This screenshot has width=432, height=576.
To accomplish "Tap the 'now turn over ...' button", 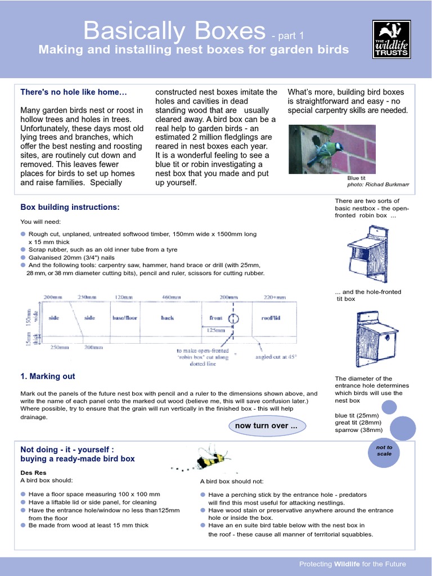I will (266, 426).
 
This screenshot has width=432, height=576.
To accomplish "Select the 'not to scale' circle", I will (384, 451).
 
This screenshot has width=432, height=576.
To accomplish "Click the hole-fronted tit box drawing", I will (376, 338).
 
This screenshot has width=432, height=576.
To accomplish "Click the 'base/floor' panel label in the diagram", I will (124, 318).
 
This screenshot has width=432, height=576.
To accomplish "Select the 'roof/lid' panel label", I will (272, 318).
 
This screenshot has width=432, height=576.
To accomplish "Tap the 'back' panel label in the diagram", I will (168, 318).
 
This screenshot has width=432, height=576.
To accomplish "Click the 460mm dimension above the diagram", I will (171, 297).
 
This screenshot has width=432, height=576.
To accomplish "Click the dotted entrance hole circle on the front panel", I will (233, 319).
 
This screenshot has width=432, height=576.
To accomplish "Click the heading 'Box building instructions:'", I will (70, 208).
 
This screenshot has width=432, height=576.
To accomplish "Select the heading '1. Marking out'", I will (48, 376).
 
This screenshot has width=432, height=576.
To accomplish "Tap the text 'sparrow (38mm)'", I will (357, 430).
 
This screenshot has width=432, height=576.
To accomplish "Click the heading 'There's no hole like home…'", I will (74, 92).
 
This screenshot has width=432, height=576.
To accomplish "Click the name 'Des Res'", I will (33, 472).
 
